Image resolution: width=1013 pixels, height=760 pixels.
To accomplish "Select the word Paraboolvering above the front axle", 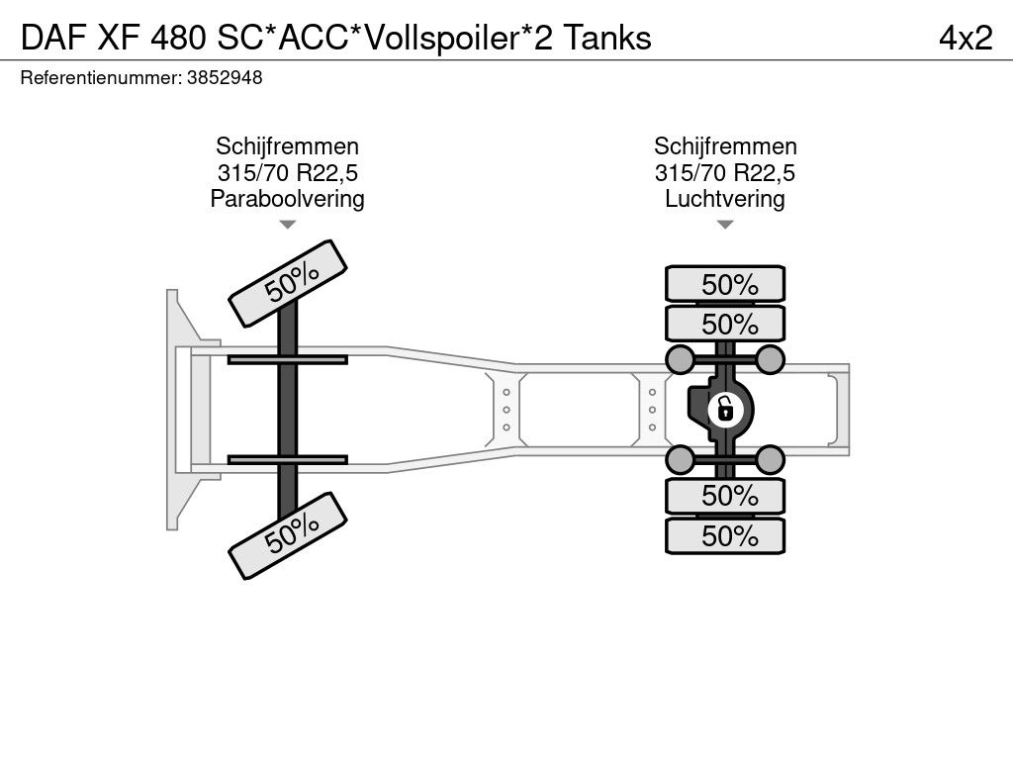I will [287, 199].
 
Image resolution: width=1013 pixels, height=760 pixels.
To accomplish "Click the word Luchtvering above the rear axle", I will [725, 199].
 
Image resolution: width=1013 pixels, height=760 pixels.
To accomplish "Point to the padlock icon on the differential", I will [725, 407].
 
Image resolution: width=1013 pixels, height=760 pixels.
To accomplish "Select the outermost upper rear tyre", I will [725, 284].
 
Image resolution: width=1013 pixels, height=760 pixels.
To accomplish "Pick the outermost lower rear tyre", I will [725, 535].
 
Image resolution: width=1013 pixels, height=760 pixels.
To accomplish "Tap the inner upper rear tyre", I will [725, 324].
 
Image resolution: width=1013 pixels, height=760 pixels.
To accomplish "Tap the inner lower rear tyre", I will [725, 495].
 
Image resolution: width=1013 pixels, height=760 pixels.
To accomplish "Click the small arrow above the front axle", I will [287, 225].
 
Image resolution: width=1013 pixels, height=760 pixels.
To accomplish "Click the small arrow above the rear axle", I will [725, 225].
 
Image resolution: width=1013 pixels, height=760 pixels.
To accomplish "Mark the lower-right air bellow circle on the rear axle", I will [771, 458].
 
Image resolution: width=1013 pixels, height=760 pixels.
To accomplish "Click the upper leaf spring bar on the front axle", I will [287, 359].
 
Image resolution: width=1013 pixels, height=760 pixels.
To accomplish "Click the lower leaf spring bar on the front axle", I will [287, 459].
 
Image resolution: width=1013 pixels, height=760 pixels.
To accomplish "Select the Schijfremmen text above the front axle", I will [287, 147].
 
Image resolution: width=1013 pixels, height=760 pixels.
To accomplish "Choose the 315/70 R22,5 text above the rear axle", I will [725, 173].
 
